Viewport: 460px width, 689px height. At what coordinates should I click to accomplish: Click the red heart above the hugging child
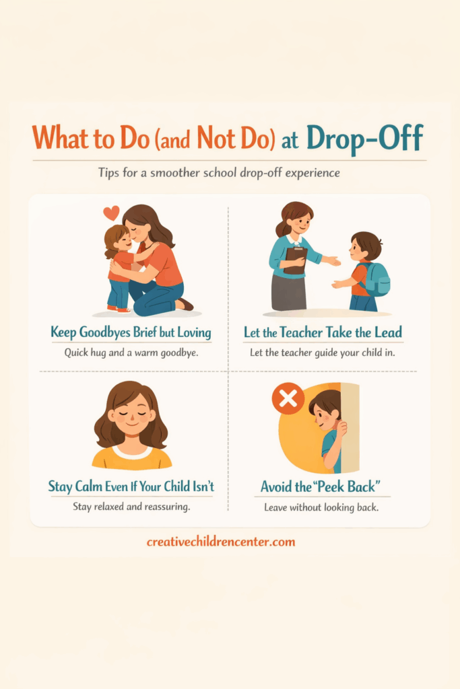point(111,213)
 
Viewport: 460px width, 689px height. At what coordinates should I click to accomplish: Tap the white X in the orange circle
point(288,399)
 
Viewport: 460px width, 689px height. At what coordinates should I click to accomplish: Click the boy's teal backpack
point(376,279)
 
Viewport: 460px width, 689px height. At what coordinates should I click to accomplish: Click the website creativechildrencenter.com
point(221,542)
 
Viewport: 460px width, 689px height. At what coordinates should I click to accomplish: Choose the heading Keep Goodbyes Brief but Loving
point(131,332)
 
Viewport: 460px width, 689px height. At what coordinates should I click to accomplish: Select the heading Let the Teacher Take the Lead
point(323,332)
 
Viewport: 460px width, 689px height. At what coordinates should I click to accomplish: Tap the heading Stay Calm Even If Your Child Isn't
point(131,486)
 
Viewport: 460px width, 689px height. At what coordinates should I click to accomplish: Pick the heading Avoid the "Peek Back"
point(321,487)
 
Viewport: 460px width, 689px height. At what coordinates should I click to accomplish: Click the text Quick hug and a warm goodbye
point(131,353)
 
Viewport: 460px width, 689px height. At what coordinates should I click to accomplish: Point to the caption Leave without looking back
point(321,507)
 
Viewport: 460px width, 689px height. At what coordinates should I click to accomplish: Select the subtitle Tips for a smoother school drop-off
point(219,173)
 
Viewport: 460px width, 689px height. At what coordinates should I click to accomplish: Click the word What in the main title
point(60,138)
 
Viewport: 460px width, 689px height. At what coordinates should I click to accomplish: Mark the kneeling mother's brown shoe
point(187,305)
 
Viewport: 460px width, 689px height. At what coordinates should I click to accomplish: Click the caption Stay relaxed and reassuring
point(131,507)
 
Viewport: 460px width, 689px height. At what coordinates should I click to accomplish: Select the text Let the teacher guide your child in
point(323,353)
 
